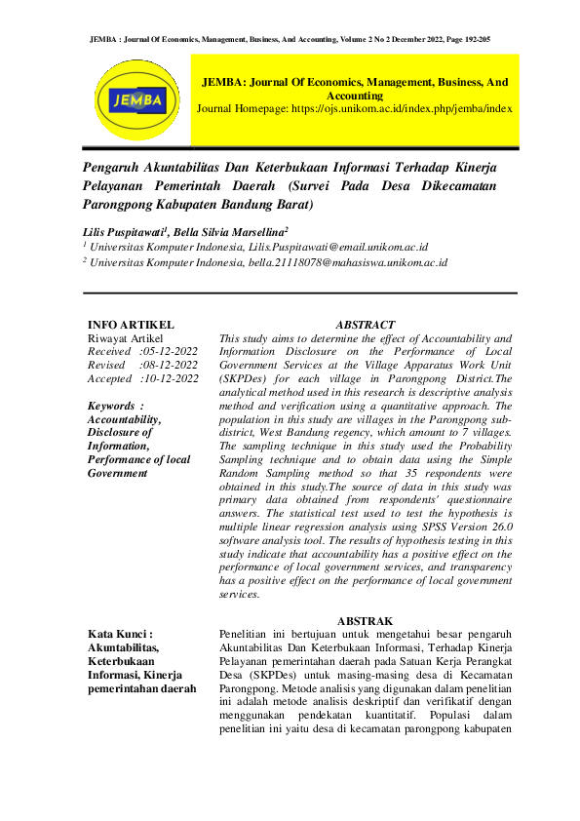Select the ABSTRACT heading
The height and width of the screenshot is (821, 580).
point(365,325)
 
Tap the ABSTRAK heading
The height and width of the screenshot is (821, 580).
point(365,621)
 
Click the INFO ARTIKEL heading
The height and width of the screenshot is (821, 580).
point(131,325)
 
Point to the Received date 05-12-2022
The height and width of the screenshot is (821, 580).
point(171,351)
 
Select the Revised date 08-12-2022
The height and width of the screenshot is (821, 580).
point(171,365)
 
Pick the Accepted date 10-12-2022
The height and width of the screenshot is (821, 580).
point(171,378)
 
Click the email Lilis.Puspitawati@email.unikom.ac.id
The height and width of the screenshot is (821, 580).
point(339,248)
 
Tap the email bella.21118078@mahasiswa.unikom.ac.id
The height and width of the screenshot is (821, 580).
point(349,262)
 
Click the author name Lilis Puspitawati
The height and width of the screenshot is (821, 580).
point(126,232)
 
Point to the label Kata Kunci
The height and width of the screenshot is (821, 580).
point(116,634)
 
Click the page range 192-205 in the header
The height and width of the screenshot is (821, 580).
point(472,39)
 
